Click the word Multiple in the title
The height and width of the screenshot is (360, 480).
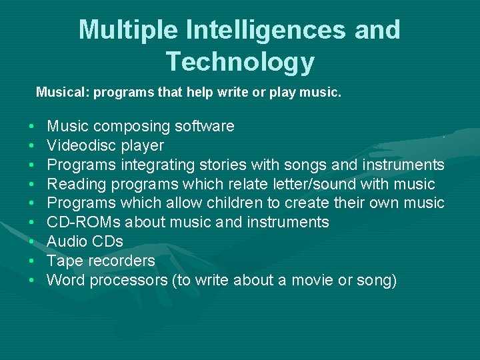pos(127,30)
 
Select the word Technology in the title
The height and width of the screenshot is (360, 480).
pos(240,62)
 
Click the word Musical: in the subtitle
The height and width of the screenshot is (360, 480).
pos(63,92)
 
